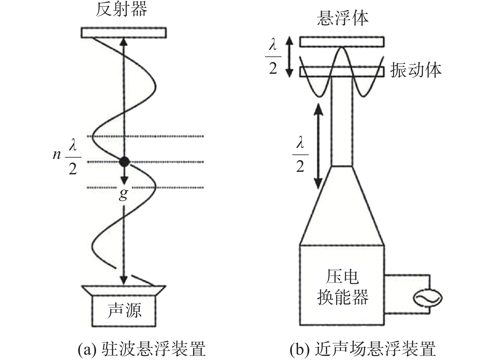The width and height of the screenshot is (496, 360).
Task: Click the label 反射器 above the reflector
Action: [x=122, y=10]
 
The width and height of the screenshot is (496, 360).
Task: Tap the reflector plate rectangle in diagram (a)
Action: [x=123, y=33]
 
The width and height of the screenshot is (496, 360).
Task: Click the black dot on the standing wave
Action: [x=124, y=162]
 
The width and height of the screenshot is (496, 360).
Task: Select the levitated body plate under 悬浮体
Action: [x=342, y=42]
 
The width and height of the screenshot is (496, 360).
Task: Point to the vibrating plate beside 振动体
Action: [x=342, y=72]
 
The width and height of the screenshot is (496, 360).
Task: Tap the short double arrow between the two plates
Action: [x=289, y=57]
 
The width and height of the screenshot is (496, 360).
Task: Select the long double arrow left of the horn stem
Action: [x=318, y=146]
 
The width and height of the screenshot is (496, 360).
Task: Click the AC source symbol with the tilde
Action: [x=428, y=298]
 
